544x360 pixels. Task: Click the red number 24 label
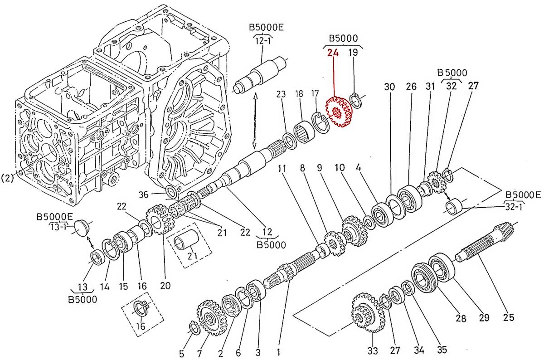click(333, 53)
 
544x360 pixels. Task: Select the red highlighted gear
click(339, 113)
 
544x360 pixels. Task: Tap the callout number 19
click(353, 53)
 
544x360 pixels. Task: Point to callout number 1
click(278, 350)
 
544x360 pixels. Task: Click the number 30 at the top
click(390, 86)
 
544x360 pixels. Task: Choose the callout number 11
click(282, 169)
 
